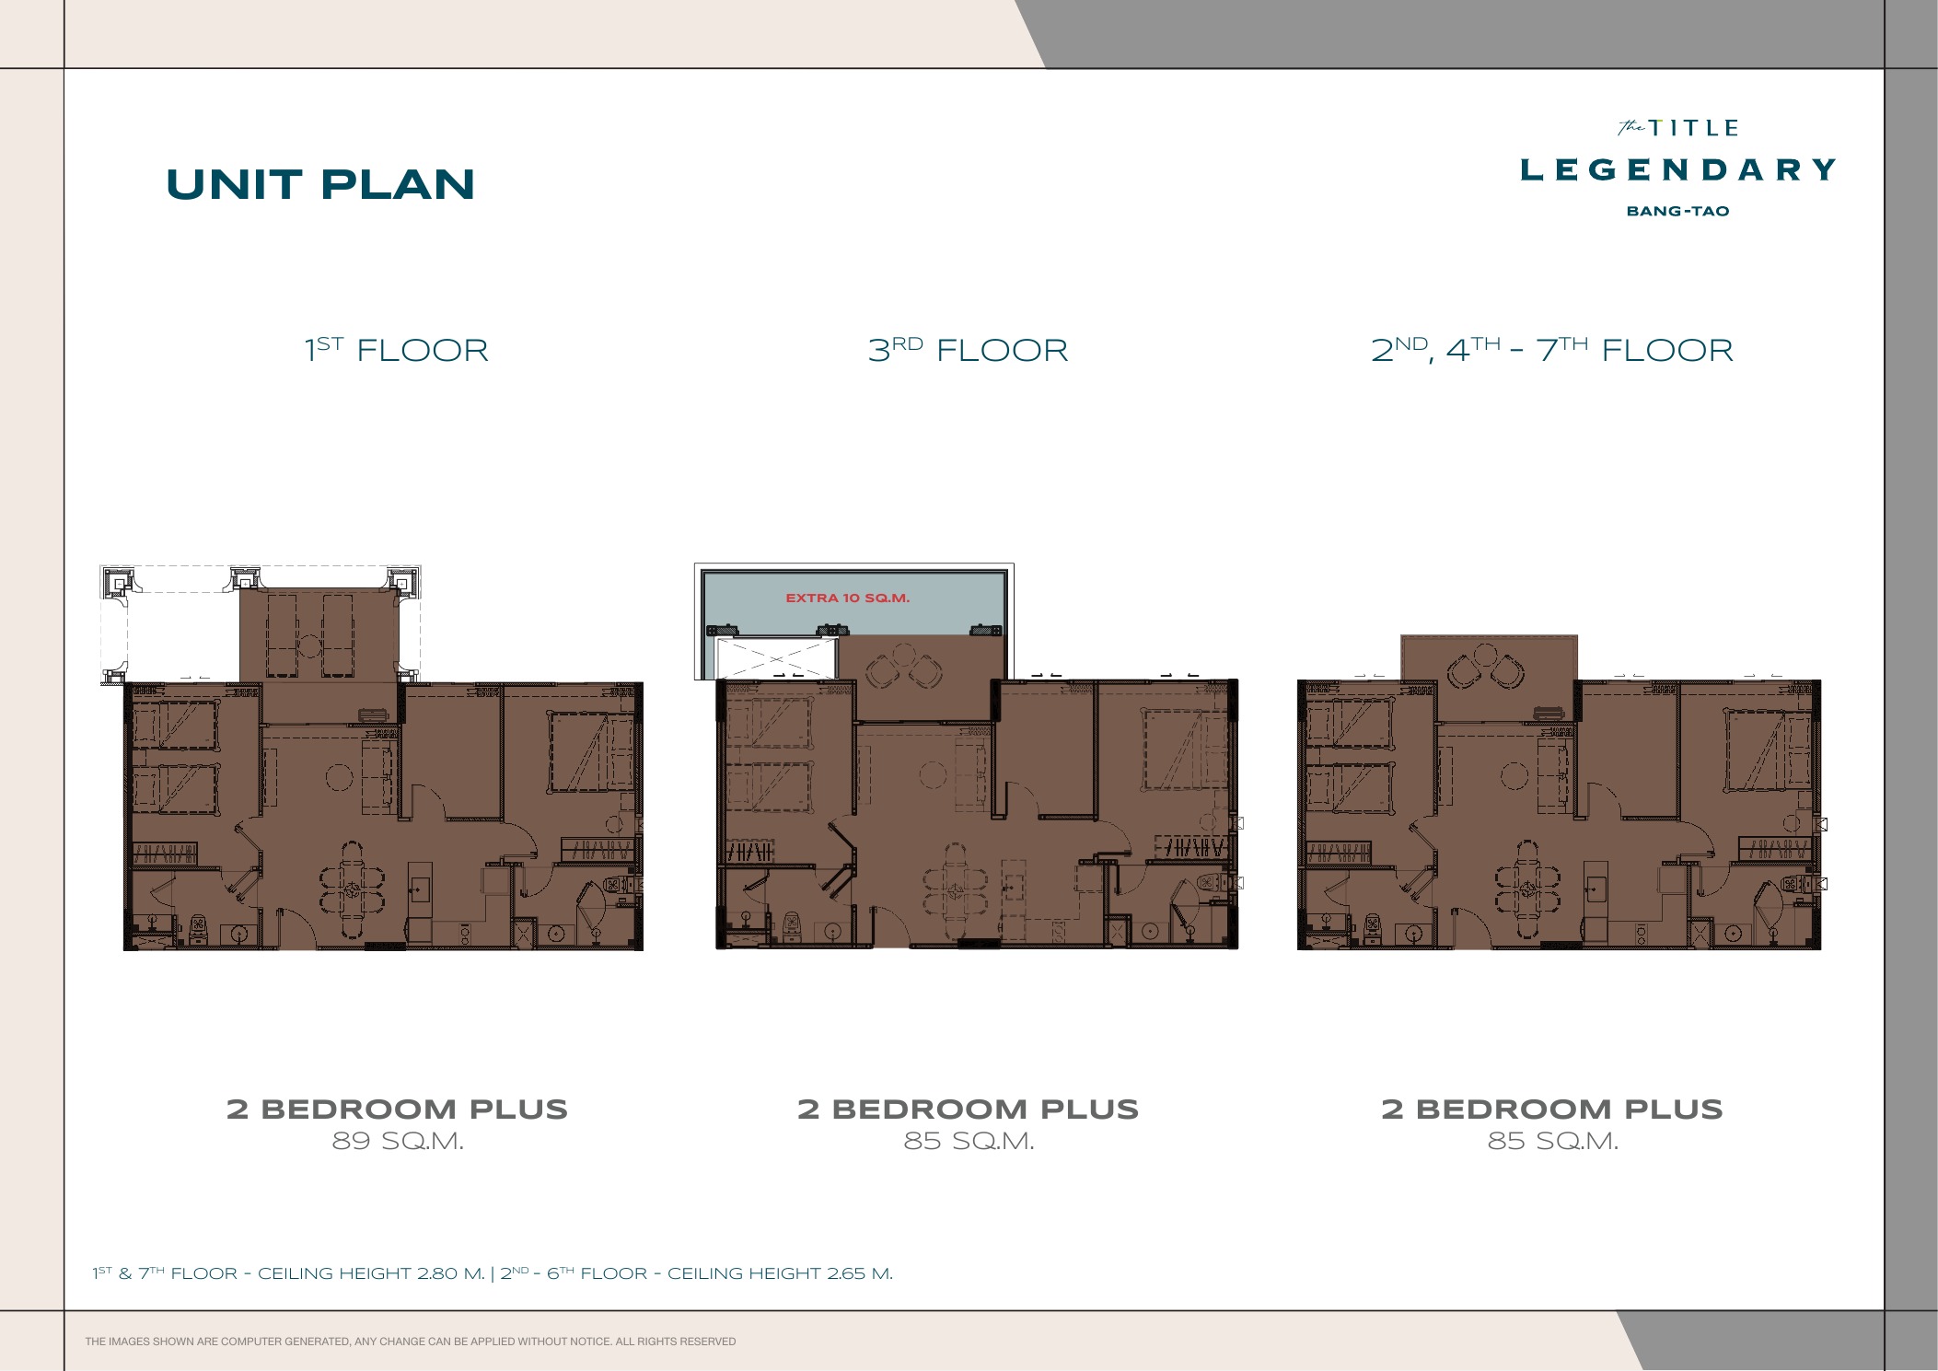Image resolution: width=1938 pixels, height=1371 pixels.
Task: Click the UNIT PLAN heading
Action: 320,184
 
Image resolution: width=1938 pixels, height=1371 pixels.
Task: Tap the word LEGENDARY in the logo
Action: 1678,169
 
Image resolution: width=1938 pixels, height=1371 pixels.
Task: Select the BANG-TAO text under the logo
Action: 1678,211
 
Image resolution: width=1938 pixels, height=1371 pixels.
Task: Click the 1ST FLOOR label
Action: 397,349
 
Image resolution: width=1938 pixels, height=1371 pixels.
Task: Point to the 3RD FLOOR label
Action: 969,349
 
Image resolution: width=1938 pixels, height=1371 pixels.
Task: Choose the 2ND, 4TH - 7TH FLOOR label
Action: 1552,349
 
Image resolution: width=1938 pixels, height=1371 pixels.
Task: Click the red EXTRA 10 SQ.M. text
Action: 847,598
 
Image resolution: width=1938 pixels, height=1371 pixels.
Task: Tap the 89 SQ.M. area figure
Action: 398,1141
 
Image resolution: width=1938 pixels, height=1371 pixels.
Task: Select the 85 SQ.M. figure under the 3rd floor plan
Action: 969,1141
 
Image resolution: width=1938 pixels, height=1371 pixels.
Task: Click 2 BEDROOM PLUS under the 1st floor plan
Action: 398,1109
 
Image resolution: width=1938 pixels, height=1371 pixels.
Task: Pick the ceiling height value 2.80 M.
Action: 450,1273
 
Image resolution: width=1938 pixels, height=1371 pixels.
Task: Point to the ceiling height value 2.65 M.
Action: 860,1273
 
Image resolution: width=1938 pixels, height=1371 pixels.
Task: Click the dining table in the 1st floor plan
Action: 353,889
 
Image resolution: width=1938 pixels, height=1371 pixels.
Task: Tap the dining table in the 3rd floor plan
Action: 956,890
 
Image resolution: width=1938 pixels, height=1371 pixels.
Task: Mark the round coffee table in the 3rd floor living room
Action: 933,775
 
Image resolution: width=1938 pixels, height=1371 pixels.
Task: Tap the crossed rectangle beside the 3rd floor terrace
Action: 774,658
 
